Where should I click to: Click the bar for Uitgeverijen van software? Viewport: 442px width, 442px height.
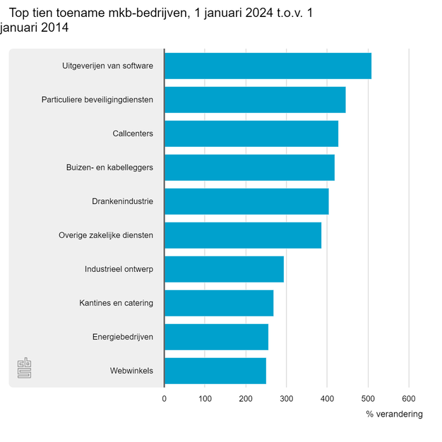[x=268, y=66]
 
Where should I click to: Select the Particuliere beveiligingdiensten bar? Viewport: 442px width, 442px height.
[x=255, y=100]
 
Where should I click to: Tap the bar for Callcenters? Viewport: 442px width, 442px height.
[x=251, y=133]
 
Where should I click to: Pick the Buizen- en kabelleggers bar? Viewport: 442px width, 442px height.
[x=249, y=167]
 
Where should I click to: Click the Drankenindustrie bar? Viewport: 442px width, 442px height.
[x=246, y=201]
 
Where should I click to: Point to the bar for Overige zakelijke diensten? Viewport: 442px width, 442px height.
[x=243, y=235]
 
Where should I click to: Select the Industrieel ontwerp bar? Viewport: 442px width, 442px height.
[x=224, y=269]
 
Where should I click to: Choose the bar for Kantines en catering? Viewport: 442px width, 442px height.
[x=219, y=303]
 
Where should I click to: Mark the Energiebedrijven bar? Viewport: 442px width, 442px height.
[x=216, y=337]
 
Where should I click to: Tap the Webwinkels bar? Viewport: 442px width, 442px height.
[x=215, y=371]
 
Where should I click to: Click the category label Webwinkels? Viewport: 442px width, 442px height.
[x=131, y=371]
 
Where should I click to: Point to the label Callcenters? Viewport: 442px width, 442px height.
[x=133, y=133]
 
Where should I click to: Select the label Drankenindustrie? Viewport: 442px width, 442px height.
[x=122, y=201]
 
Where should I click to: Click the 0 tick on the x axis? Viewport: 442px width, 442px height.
[x=165, y=399]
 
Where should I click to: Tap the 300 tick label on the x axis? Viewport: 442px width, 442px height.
[x=287, y=399]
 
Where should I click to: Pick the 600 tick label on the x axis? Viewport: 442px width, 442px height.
[x=409, y=399]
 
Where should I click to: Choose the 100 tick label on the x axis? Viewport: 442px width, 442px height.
[x=205, y=399]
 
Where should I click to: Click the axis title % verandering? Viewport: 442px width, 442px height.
[x=394, y=414]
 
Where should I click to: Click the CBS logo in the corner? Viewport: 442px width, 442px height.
[x=24, y=368]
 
